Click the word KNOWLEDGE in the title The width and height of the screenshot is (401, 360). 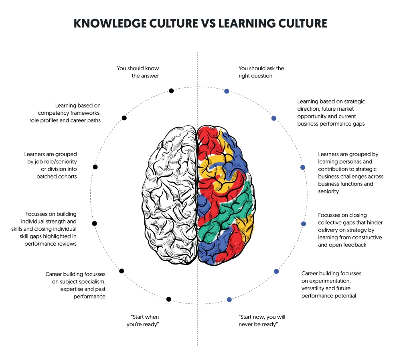pos(110,23)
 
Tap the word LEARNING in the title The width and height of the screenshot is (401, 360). pos(247,23)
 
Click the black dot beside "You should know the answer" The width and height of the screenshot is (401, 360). pos(171,91)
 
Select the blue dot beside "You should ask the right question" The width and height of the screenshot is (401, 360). pos(227,91)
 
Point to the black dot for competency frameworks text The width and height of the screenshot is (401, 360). pos(124,118)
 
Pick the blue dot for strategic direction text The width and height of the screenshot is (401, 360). pos(273,118)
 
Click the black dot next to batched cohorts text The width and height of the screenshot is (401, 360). pos(95,167)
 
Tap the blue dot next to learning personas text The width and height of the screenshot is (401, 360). pos(302,167)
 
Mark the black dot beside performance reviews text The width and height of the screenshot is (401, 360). pos(94,223)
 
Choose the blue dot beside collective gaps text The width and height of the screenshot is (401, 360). pos(303,224)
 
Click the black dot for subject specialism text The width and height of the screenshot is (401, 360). pos(122,271)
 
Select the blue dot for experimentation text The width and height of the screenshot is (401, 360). pos(276,271)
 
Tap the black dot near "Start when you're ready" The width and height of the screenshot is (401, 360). pos(168,299)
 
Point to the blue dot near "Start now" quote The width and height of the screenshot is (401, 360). pos(229,299)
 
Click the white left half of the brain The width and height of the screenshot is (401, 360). pos(169,195)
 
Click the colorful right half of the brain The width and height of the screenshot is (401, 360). pos(226,195)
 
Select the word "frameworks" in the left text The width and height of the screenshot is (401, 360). pos(85,113)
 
